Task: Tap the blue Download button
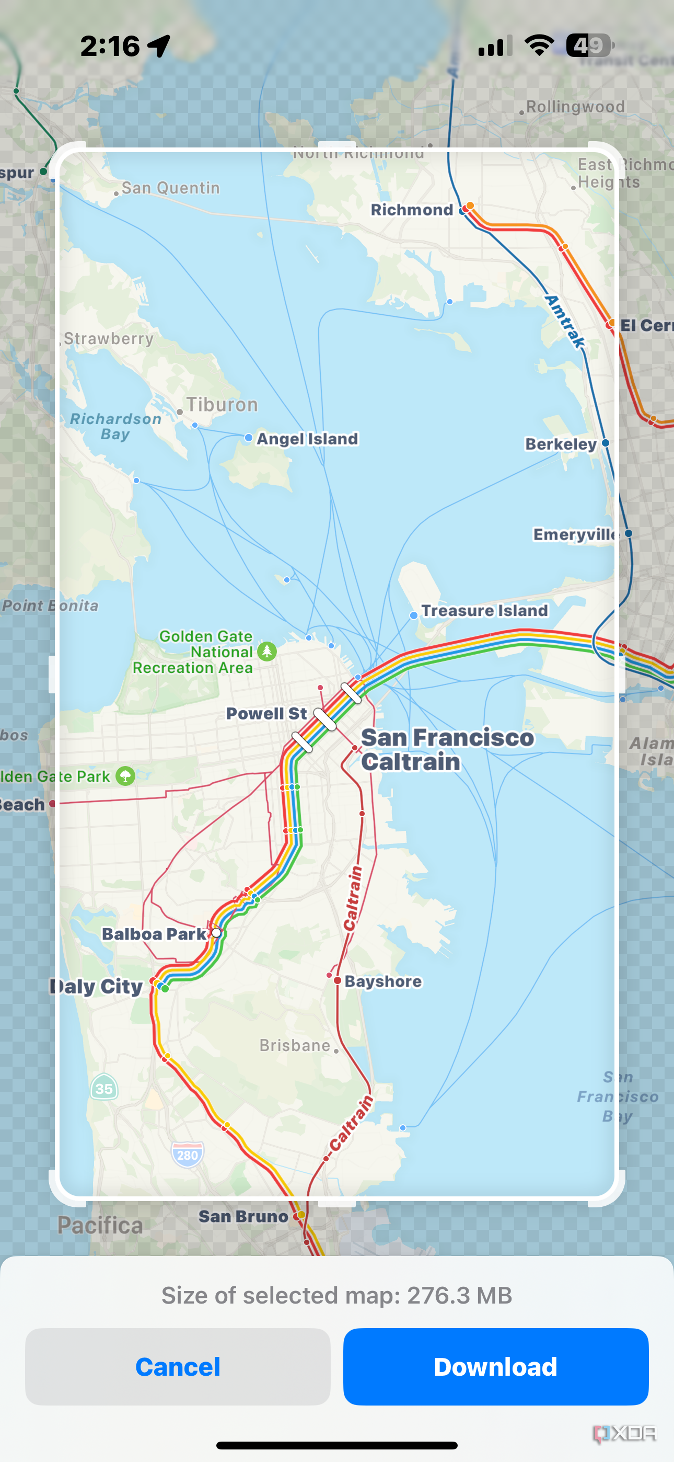[495, 1366]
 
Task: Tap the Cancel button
[178, 1366]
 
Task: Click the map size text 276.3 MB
[460, 1296]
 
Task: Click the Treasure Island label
[484, 611]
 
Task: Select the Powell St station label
[266, 713]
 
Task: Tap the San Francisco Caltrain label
[447, 750]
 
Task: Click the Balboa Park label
[154, 934]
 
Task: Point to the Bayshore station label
[383, 981]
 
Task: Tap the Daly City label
[98, 986]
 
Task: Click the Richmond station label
[412, 210]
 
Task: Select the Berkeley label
[561, 444]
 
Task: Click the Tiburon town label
[222, 405]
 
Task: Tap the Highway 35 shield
[104, 1088]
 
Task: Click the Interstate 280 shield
[187, 1155]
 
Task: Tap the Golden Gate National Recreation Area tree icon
[266, 651]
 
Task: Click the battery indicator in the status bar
[589, 45]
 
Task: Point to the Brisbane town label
[295, 1045]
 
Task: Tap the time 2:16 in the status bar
[110, 46]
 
